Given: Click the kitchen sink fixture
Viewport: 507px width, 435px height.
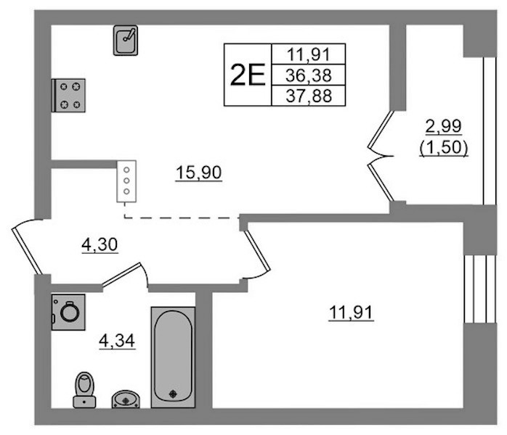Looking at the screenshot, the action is (126, 41).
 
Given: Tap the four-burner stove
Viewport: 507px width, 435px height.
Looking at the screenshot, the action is (68, 96).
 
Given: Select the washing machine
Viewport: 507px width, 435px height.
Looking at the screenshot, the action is (68, 312).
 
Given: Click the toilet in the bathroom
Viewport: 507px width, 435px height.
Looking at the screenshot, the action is (84, 390).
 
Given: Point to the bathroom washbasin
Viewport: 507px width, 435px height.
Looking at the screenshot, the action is (126, 399).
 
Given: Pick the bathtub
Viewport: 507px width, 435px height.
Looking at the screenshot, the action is (173, 357).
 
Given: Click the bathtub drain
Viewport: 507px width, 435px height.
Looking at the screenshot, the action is (174, 394).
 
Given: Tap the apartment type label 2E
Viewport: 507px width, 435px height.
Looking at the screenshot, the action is (248, 75).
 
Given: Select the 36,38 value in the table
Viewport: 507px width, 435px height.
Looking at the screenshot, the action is (309, 75).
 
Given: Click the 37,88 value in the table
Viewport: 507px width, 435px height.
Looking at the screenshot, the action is (309, 96).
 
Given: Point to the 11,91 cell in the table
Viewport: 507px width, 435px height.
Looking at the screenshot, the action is (309, 54).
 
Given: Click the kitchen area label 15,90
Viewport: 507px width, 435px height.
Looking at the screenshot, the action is (198, 173).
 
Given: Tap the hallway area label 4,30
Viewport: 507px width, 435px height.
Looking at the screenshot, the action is (100, 244).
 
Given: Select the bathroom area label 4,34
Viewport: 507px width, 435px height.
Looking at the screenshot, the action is (117, 341).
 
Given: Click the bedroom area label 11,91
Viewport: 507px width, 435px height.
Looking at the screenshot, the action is (351, 312).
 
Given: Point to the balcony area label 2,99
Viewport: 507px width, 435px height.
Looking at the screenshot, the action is (443, 126).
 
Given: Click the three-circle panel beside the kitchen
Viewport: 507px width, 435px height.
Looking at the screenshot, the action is (126, 181).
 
